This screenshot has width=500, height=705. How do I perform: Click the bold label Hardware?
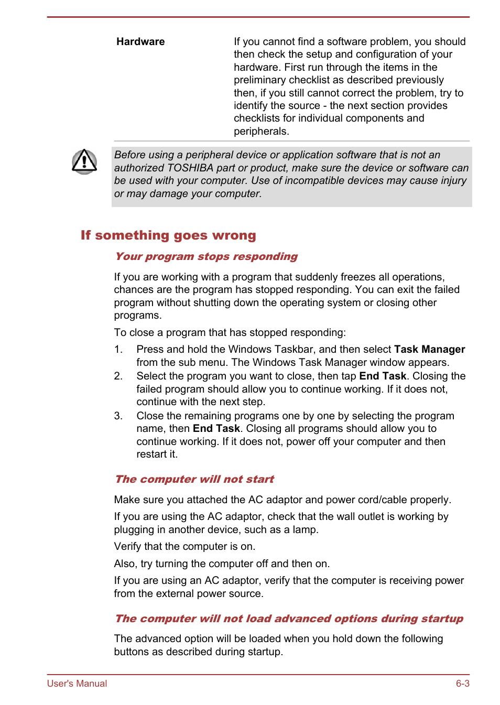(x=140, y=42)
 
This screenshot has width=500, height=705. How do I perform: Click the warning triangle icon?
(x=84, y=161)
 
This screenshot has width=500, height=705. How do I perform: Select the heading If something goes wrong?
(x=168, y=235)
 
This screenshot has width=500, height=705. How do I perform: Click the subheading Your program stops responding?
(x=206, y=257)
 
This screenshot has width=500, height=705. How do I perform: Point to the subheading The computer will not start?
(x=194, y=480)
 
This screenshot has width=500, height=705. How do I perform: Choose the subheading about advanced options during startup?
(x=289, y=619)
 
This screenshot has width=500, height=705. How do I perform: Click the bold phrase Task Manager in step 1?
(x=429, y=350)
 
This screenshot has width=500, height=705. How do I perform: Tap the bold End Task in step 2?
(x=383, y=376)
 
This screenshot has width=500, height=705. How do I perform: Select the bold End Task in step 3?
(x=216, y=429)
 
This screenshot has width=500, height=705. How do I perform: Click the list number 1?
(x=118, y=350)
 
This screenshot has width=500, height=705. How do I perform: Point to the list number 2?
(x=118, y=376)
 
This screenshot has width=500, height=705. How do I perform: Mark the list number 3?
(x=118, y=416)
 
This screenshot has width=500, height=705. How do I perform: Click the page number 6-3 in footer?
(x=462, y=684)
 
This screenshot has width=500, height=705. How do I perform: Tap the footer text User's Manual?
(x=77, y=684)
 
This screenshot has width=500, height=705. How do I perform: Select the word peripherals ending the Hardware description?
(x=260, y=132)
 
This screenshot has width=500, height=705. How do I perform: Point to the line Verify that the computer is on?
(x=184, y=547)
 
